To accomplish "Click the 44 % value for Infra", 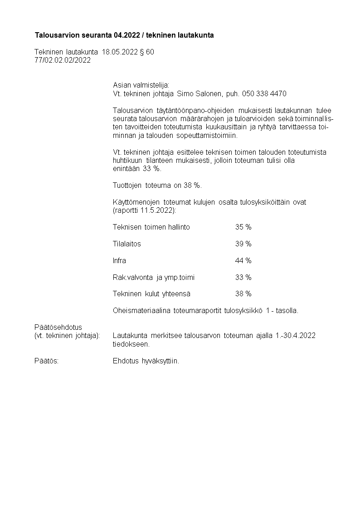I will click(x=243, y=261).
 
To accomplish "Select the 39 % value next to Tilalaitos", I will click(x=243, y=244).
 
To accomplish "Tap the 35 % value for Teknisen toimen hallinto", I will click(x=243, y=227).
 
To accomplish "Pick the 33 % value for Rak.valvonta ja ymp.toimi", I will click(x=243, y=278).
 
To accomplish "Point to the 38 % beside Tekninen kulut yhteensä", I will click(x=243, y=294).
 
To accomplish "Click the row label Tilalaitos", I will click(x=127, y=244).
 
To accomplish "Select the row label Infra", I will click(x=119, y=261).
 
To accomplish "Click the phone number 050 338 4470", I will click(x=264, y=94).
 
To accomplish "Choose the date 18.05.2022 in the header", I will click(x=120, y=52).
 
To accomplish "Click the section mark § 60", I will click(x=147, y=52).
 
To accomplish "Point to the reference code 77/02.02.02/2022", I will click(x=63, y=60).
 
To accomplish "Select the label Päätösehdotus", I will click(x=58, y=327).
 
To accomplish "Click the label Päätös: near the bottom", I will click(x=46, y=362).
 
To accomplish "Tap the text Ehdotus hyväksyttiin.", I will click(x=146, y=362).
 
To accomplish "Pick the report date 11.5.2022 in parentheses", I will click(x=157, y=210).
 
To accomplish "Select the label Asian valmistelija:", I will click(x=141, y=85).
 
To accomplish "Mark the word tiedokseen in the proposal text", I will click(x=131, y=344).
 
